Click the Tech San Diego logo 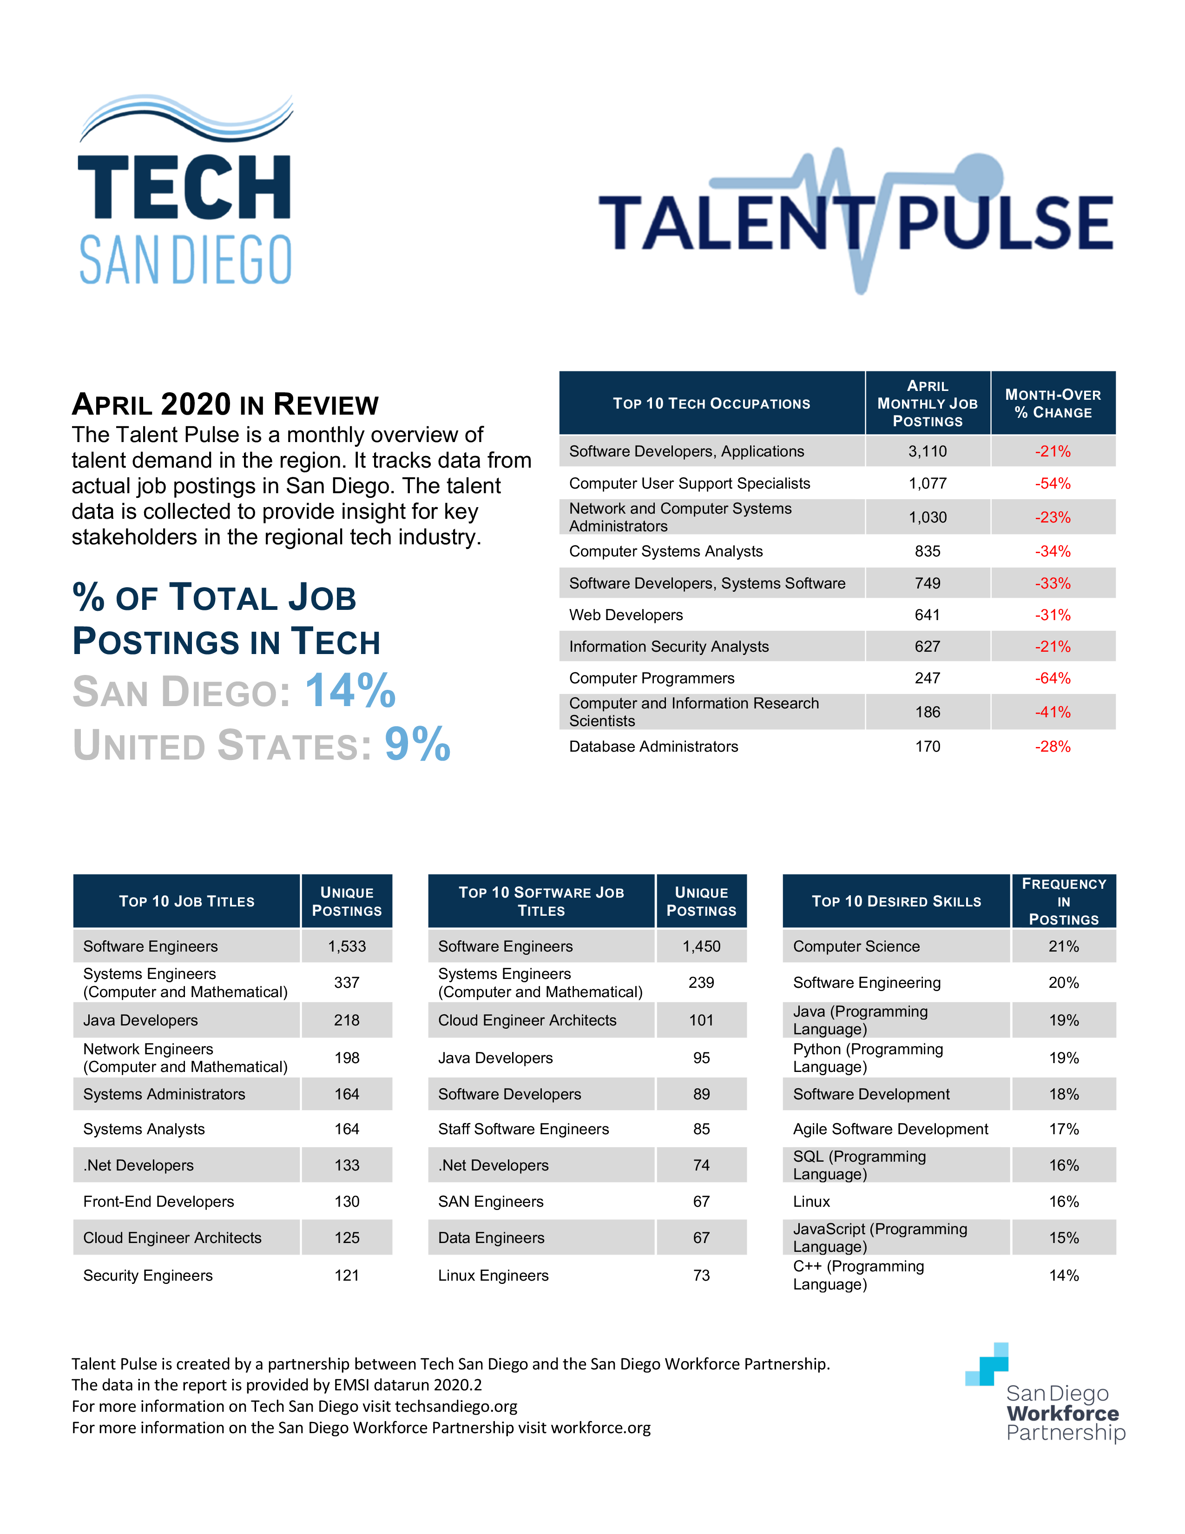click(185, 190)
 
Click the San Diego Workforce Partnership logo click(1046, 1394)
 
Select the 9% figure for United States click(417, 745)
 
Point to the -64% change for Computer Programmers click(1052, 679)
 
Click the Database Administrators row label click(653, 747)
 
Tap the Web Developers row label click(625, 615)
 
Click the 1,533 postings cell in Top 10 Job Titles click(347, 947)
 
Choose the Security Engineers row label click(147, 1276)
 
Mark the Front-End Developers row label click(158, 1202)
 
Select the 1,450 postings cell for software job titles click(701, 947)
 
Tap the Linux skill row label click(811, 1202)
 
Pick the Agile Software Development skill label click(890, 1130)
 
